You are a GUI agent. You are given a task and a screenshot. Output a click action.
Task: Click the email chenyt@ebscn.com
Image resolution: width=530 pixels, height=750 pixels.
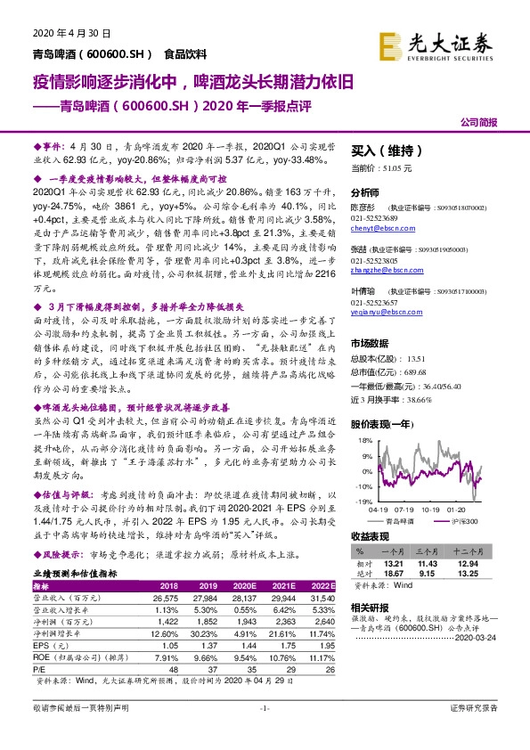(x=379, y=228)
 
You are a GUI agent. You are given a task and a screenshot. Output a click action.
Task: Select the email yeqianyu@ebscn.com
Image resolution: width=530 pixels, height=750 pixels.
(x=385, y=313)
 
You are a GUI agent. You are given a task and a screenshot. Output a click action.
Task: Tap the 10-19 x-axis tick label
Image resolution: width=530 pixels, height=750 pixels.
(x=433, y=509)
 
